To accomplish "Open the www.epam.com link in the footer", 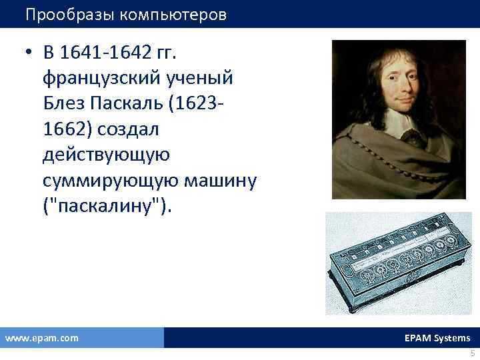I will point(41,338).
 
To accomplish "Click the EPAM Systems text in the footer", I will point(437,338).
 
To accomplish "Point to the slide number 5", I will point(472,353).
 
